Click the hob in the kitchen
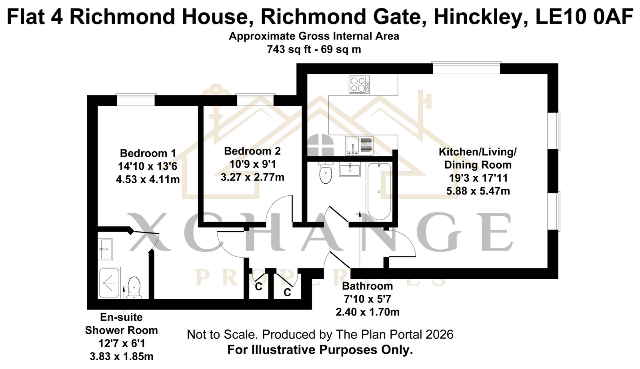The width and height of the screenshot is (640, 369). point(359,84)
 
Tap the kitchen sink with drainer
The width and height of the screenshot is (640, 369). point(359,145)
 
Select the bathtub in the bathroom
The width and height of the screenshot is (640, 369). point(379,191)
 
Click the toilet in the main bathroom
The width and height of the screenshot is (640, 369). point(326,173)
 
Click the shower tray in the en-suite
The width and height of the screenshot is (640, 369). point(109,283)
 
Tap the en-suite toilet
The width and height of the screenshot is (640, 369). point(134,288)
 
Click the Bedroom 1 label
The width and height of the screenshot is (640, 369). point(148,153)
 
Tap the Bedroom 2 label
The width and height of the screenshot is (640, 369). point(252,151)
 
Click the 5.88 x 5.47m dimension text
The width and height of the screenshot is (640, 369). point(478,191)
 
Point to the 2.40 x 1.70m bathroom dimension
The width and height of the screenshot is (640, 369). point(368,312)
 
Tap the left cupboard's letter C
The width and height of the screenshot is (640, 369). point(258,287)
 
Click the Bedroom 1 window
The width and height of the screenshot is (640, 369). point(136,100)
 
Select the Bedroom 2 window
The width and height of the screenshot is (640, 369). point(255,100)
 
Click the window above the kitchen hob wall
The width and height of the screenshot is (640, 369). point(466,68)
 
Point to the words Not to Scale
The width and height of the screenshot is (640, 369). point(222,334)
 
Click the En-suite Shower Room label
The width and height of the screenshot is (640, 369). point(122,323)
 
